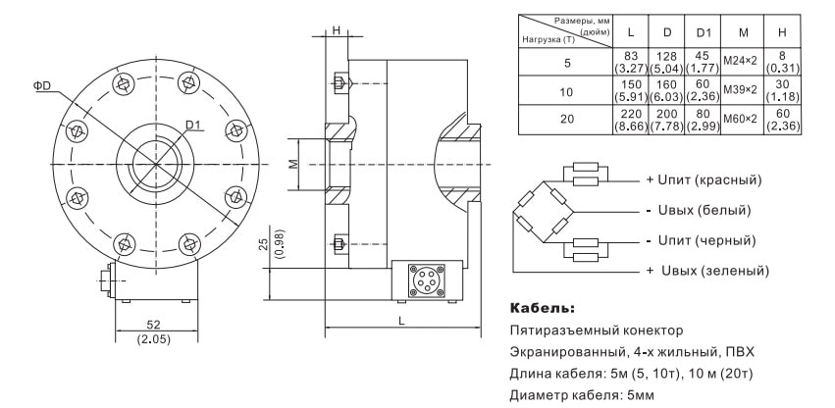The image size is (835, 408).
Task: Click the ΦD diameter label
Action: tap(42, 86)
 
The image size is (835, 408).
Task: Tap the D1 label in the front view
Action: tap(192, 125)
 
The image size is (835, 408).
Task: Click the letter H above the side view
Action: tap(337, 30)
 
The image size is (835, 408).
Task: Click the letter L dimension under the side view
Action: tap(402, 321)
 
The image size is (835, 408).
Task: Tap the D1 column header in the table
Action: tap(703, 31)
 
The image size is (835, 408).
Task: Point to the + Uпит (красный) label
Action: tap(703, 180)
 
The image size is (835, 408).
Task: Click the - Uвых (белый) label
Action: tap(698, 210)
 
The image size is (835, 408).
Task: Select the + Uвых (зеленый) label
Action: tap(705, 270)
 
